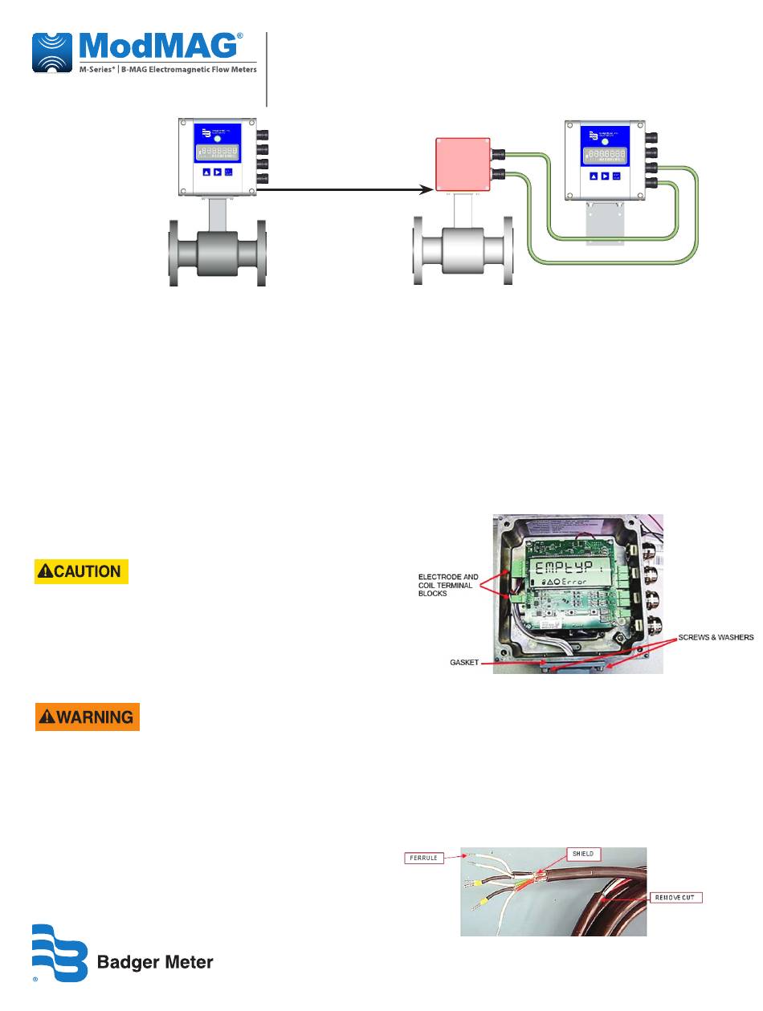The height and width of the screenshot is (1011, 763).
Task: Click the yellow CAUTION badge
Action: [x=81, y=571]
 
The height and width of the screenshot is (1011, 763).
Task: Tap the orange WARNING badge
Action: [x=87, y=717]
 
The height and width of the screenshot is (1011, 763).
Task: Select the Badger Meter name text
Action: [x=155, y=962]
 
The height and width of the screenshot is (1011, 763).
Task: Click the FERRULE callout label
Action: [x=422, y=858]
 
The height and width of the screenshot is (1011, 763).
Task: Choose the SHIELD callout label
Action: [x=583, y=854]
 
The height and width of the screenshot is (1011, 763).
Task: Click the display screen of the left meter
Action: [x=217, y=152]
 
